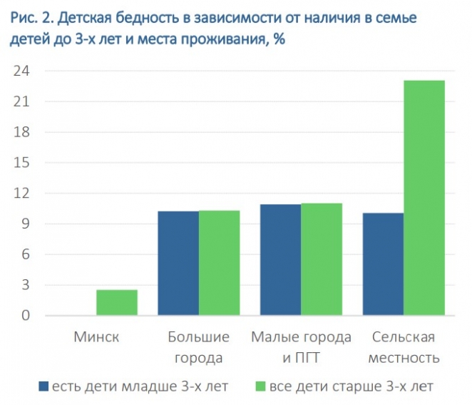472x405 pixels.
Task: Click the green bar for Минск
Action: (116, 303)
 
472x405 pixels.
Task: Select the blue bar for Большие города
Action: (178, 263)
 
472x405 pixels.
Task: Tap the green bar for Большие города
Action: (219, 263)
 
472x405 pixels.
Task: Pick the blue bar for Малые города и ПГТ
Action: (280, 260)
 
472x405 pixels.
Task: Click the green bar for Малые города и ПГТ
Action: (321, 260)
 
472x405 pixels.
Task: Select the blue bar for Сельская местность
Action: (383, 264)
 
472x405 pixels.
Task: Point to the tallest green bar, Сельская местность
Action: (424, 198)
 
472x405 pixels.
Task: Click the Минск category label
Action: (96, 337)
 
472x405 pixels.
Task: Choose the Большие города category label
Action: (198, 346)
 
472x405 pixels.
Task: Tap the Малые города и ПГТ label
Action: (301, 346)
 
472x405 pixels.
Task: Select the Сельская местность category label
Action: (404, 346)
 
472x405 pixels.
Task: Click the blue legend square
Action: (43, 386)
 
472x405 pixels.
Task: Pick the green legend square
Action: (261, 386)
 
